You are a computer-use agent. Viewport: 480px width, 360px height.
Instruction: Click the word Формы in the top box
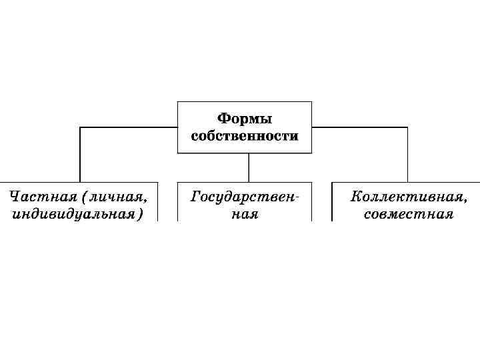(245, 119)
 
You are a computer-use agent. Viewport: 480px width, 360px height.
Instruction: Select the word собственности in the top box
(245, 136)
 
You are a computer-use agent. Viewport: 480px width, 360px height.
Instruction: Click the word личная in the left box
(119, 197)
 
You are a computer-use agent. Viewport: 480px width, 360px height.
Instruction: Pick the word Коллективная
(406, 197)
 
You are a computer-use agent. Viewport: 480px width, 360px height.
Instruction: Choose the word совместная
(409, 214)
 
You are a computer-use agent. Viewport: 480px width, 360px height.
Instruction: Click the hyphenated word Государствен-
(244, 197)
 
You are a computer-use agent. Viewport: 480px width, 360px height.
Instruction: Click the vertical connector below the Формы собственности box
(249, 167)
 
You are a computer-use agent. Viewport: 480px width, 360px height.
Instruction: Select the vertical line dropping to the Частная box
(80, 153)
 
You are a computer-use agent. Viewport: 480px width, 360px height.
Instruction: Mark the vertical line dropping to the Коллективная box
(408, 153)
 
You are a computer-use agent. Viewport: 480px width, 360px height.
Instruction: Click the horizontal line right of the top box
(360, 127)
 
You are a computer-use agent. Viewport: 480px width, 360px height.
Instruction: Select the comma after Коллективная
(465, 200)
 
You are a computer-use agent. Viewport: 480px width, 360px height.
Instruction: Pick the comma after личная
(145, 200)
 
